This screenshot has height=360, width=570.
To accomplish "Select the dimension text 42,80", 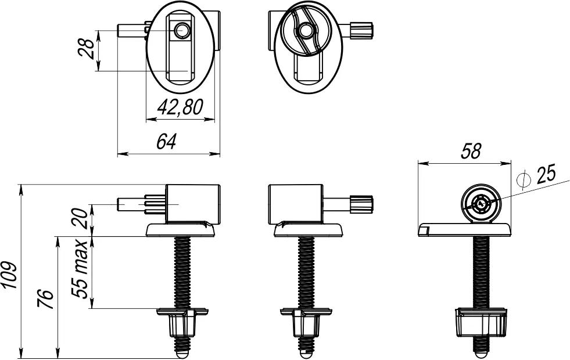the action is [x=180, y=107].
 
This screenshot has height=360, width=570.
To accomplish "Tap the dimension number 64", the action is [x=167, y=141].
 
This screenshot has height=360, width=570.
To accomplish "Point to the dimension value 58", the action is [x=471, y=151].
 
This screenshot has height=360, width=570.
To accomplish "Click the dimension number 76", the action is [x=46, y=299].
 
